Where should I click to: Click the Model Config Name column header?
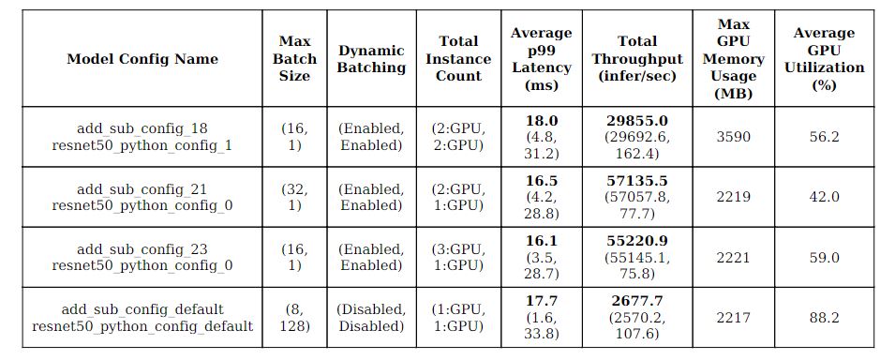pos(142,59)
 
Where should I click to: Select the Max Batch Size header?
pos(294,59)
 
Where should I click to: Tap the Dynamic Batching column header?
pos(371,59)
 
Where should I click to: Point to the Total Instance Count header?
pos(458,59)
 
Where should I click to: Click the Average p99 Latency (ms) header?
pos(541,59)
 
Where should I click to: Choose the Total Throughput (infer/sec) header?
pos(636,59)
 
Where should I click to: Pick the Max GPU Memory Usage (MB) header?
pos(733,58)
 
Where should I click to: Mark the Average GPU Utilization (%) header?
pos(824,58)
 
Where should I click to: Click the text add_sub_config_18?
pos(142,128)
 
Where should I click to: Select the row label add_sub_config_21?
pos(142,188)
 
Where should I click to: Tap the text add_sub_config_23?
pos(142,248)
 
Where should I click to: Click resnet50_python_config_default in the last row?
pos(142,326)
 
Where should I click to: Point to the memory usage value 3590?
pos(733,137)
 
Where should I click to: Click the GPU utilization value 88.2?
pos(824,318)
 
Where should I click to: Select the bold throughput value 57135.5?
pos(636,181)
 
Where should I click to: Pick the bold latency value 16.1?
pos(541,241)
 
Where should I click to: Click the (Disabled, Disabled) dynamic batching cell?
pos(371,318)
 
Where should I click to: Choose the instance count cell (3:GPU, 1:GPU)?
pos(458,257)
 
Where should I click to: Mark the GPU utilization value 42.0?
pos(824,197)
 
